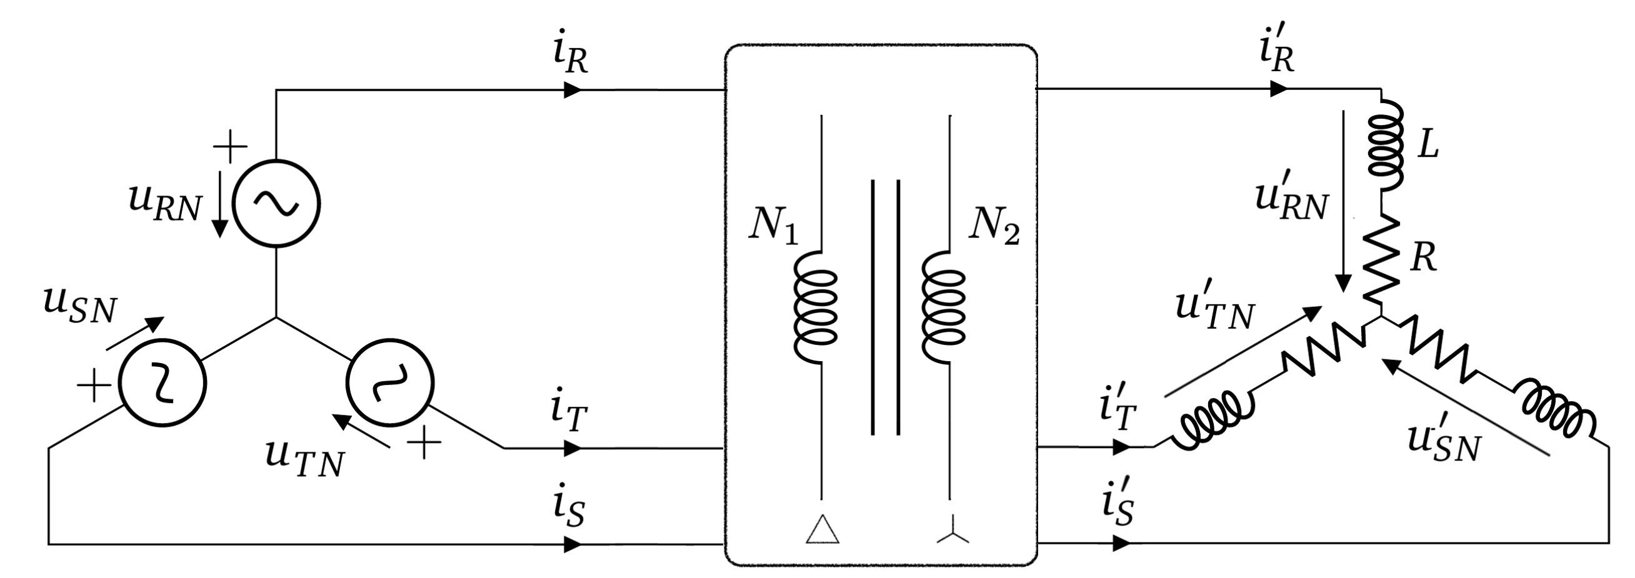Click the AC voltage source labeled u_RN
point(276,203)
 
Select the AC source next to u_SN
point(163,382)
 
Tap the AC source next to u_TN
point(390,382)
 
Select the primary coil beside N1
point(816,307)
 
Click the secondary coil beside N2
point(944,307)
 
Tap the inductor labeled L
point(1386,146)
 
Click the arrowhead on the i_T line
point(572,449)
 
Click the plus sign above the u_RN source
point(230,147)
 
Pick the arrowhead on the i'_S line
point(1121,544)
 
